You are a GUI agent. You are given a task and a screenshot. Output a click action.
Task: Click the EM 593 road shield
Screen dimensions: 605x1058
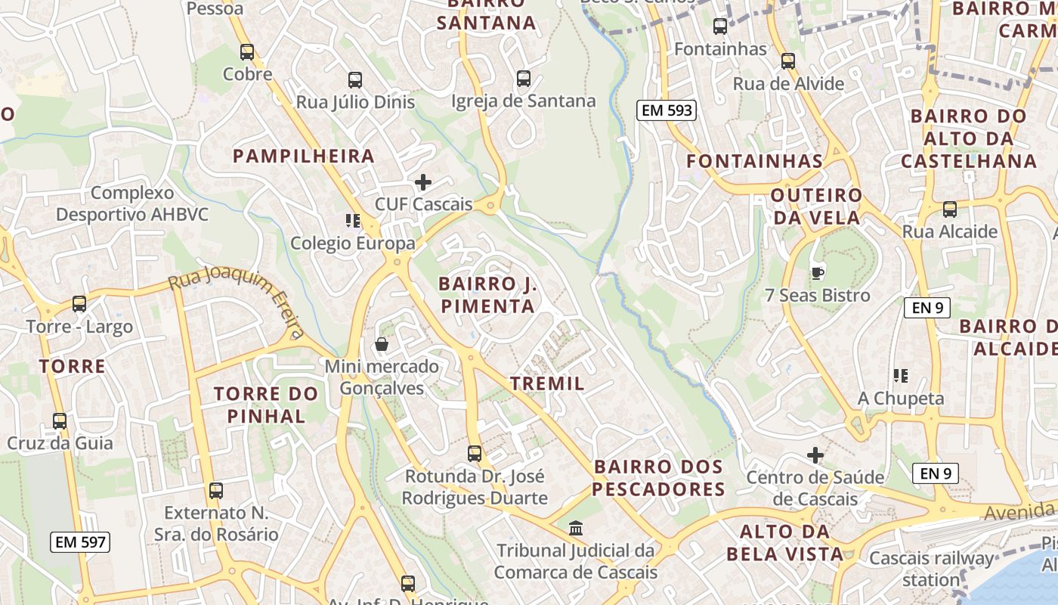tap(665, 110)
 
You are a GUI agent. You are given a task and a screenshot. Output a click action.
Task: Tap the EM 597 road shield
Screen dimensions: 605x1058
tap(81, 541)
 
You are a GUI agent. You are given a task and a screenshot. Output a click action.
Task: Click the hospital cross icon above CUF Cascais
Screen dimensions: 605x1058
tap(423, 182)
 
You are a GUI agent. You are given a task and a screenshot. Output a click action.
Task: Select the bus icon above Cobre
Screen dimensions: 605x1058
tap(247, 52)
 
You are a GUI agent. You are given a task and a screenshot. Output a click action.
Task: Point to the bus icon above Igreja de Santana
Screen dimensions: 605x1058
tap(523, 79)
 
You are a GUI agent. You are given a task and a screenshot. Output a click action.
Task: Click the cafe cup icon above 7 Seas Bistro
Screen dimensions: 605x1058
tap(817, 273)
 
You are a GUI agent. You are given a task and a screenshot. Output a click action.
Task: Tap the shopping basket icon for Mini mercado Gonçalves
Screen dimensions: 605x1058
tap(382, 345)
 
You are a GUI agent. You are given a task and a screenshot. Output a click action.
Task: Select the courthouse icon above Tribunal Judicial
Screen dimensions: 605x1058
tap(576, 527)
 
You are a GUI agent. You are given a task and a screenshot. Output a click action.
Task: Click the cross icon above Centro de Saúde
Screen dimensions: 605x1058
tap(815, 455)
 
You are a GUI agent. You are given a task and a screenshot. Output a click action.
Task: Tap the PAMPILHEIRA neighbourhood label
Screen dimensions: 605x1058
tap(304, 157)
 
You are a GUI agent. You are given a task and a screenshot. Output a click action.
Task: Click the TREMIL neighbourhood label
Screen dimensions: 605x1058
tap(547, 383)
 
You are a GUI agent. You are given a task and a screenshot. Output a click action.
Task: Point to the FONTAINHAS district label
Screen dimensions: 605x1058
tap(754, 161)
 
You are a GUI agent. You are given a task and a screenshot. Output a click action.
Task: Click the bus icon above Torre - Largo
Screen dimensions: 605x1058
tap(79, 304)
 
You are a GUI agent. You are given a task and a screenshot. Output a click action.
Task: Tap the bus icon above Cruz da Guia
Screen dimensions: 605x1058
tap(60, 421)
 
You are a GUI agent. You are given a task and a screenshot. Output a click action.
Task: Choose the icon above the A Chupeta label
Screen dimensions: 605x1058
tap(900, 376)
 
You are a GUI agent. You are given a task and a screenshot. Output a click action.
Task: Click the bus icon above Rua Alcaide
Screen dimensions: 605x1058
tap(950, 209)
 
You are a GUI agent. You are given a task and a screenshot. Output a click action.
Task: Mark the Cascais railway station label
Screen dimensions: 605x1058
tap(931, 569)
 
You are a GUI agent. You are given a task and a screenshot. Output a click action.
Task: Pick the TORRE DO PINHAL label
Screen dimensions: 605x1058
tap(266, 405)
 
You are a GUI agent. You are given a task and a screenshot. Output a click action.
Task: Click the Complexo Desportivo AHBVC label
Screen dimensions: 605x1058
tap(132, 203)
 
